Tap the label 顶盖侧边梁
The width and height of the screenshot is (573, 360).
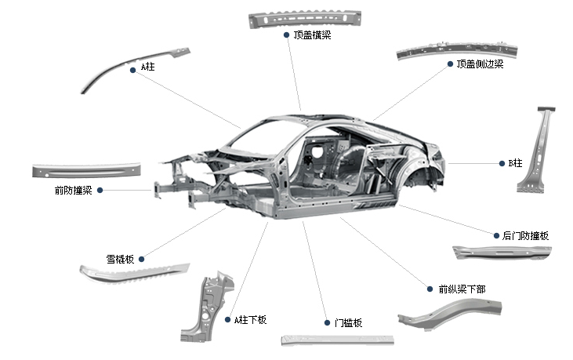click(480, 64)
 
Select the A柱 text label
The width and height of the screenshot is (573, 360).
click(147, 67)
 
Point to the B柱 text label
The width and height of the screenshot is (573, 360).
click(515, 163)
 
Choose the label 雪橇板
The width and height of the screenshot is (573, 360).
click(121, 258)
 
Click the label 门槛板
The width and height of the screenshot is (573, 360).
click(348, 322)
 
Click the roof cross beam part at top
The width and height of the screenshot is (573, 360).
click(305, 19)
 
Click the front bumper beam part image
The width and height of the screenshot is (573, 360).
click(86, 169)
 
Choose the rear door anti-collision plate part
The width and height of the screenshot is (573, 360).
click(502, 253)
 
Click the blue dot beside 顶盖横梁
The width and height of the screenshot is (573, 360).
click(286, 35)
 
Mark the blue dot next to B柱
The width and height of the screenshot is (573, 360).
click(502, 163)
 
